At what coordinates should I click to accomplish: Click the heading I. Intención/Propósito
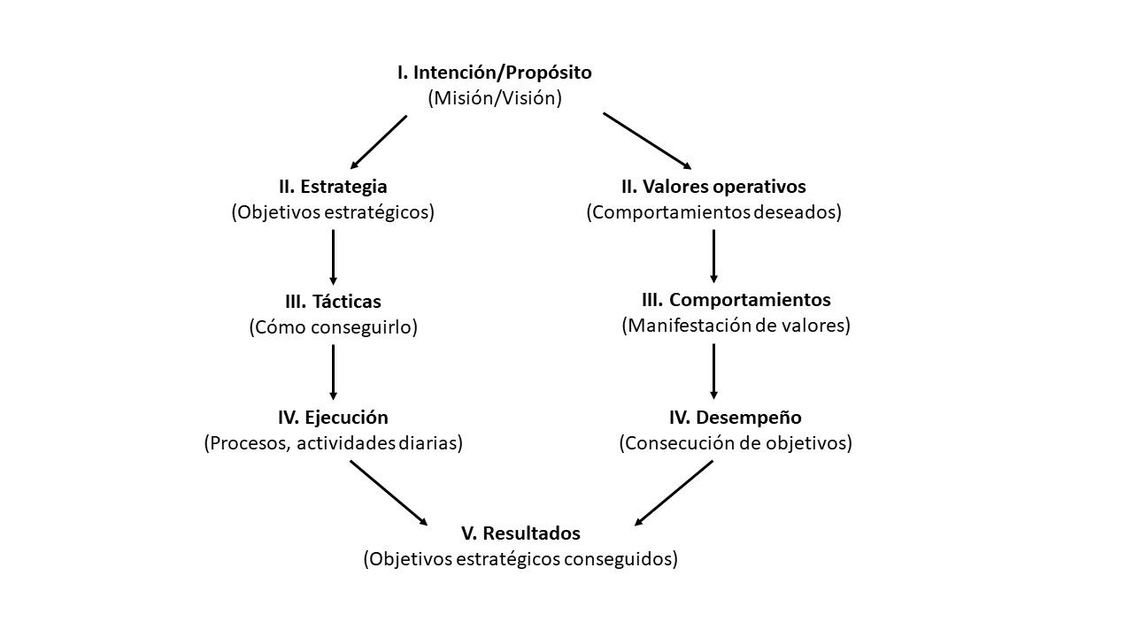pos(494,73)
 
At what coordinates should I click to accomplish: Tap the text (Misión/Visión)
pos(495,98)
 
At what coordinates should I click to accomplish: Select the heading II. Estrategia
pos(333,187)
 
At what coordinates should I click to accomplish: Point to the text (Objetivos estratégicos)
pos(333,212)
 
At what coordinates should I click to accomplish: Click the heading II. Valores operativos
pos(713,187)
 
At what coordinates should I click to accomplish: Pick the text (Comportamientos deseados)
pos(713,212)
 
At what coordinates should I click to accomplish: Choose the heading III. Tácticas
pos(333,302)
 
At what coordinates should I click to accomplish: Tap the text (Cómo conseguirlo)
pos(333,327)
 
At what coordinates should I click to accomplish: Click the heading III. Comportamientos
pos(736,299)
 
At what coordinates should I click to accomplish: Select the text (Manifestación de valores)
pos(736,325)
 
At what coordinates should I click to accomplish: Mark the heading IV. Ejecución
pos(333,417)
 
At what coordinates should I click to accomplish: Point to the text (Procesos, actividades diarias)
pos(333,442)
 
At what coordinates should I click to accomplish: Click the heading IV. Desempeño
pos(736,417)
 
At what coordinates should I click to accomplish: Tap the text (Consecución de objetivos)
pos(735,442)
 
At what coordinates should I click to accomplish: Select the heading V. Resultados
pos(520,533)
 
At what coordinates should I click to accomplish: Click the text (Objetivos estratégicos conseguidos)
pos(520,559)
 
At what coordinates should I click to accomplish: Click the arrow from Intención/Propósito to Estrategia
pos(379,142)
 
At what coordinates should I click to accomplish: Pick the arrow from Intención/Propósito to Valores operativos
pos(647,141)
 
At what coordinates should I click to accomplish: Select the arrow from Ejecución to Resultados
pos(389,493)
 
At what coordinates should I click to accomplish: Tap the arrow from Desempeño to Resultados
pos(674,493)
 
